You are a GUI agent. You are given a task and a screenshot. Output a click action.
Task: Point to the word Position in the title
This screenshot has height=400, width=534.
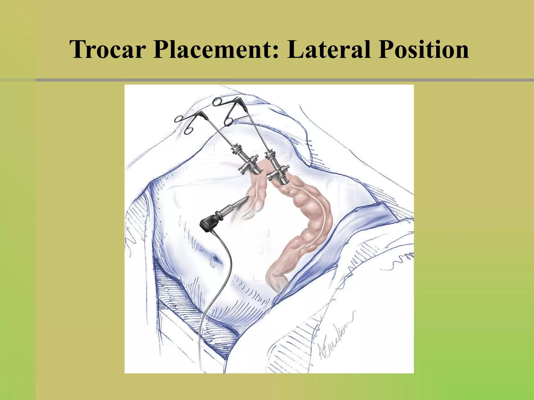tap(424, 49)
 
